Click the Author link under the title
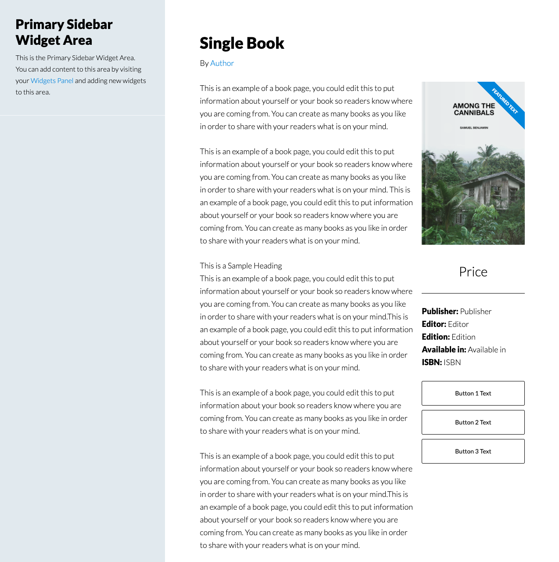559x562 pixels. coord(222,63)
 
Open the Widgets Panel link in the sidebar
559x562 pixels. coord(52,81)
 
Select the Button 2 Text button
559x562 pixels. coord(473,422)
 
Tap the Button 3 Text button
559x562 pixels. coord(473,451)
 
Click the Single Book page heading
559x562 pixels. coord(242,43)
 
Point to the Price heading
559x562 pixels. coord(473,272)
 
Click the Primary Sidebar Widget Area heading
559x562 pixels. coord(64,32)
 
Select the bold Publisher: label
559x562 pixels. coord(440,312)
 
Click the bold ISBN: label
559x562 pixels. coord(432,363)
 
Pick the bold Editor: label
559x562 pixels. coord(434,324)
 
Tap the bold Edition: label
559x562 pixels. coord(436,337)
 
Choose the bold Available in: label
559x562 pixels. coord(444,350)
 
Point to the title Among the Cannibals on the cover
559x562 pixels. coord(473,109)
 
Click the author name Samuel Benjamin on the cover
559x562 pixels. coord(474,128)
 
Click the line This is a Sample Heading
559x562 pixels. coord(241,266)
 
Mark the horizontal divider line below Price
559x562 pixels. coord(473,293)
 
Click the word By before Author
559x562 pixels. coord(204,63)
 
